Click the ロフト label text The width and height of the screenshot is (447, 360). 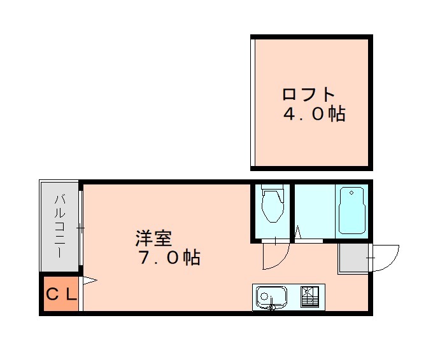click(x=309, y=95)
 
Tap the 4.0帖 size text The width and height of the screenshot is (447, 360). click(x=314, y=114)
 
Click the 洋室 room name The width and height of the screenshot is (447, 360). click(x=153, y=239)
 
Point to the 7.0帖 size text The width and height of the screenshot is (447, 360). click(x=169, y=258)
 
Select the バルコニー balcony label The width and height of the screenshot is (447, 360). click(x=59, y=226)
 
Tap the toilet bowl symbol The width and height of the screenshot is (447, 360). click(x=273, y=209)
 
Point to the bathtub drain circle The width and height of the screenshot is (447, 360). click(x=350, y=192)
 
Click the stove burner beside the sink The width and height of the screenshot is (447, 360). click(x=310, y=296)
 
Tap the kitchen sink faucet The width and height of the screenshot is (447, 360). click(x=272, y=307)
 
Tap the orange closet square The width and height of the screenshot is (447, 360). click(x=60, y=294)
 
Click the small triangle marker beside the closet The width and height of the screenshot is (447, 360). click(x=89, y=279)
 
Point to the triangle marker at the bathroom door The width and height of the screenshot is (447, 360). click(x=297, y=233)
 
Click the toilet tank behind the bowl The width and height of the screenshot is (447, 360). click(x=273, y=190)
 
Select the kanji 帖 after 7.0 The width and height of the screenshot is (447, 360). click(x=192, y=258)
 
